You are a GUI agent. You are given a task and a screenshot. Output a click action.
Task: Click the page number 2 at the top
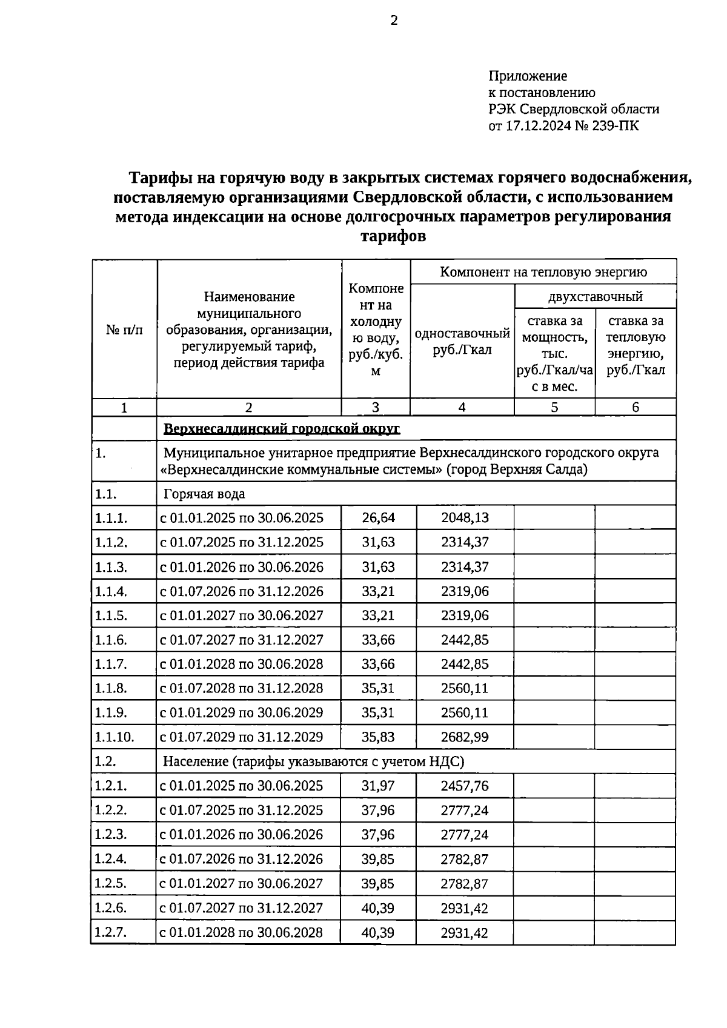[x=394, y=21]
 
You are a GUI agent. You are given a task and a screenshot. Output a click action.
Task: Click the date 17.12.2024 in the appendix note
[x=538, y=126]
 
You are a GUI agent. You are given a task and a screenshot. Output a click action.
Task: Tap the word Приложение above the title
[x=528, y=76]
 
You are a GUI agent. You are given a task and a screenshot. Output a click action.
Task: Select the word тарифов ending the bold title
[x=393, y=236]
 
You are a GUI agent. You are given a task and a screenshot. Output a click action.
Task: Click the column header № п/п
[x=124, y=330]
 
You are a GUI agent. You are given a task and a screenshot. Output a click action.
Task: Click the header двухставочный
[x=595, y=297]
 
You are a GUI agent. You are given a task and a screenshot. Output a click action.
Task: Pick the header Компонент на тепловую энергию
[x=543, y=272]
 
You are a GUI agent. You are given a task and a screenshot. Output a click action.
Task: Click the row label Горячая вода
[x=204, y=494]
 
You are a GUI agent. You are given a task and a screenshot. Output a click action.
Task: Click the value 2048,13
[x=465, y=518]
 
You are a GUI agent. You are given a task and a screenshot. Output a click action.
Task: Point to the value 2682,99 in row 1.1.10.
[x=465, y=737]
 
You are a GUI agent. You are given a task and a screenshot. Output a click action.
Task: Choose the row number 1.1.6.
[x=111, y=640]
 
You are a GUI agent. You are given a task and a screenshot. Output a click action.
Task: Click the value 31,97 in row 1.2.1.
[x=378, y=786]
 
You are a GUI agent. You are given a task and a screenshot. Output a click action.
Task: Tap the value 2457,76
[x=465, y=786]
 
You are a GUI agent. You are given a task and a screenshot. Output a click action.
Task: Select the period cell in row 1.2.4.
[x=241, y=859]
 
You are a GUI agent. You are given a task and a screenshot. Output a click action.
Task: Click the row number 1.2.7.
[x=111, y=932]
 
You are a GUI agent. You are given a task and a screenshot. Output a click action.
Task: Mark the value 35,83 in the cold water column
[x=378, y=737]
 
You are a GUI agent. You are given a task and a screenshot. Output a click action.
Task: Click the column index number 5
[x=554, y=408]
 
